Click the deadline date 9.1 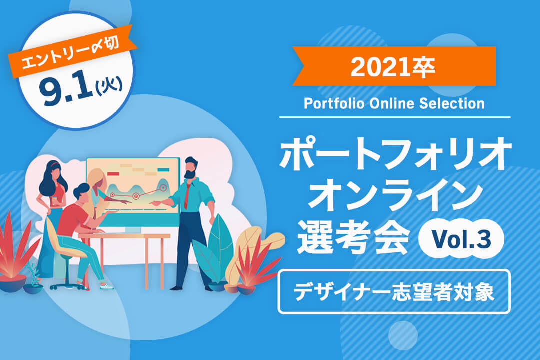(x=66, y=90)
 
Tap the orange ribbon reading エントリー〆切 (x=71, y=51)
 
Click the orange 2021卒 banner (x=394, y=66)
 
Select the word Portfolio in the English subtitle (x=334, y=103)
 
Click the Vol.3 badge (x=461, y=239)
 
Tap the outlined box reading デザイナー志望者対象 (x=394, y=292)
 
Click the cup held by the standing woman (x=55, y=201)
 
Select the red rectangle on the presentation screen (x=113, y=174)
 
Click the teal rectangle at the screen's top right (x=163, y=170)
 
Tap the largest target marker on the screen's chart (x=163, y=188)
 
